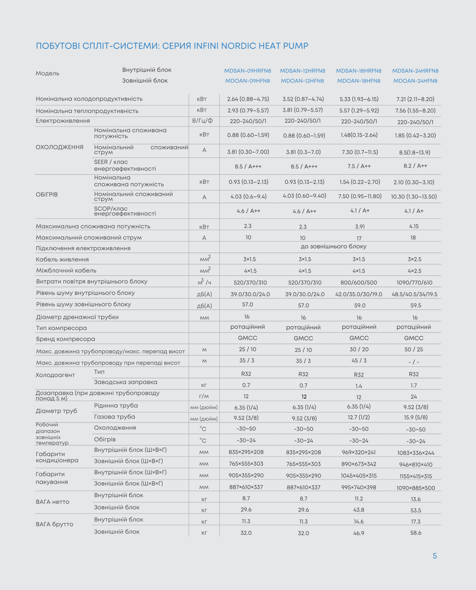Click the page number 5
click(434, 556)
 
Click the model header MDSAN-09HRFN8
click(247, 71)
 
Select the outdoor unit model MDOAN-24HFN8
click(415, 81)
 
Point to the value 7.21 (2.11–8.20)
click(415, 99)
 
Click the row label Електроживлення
click(63, 121)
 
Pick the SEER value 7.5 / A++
click(359, 166)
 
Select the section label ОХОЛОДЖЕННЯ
click(60, 147)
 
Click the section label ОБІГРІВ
click(47, 194)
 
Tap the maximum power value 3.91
click(360, 227)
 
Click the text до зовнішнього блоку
click(333, 247)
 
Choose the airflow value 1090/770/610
click(414, 282)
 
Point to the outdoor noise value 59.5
click(415, 305)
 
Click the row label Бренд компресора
click(65, 339)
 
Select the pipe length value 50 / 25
click(414, 350)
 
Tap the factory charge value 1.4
click(358, 386)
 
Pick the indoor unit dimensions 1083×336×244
click(416, 453)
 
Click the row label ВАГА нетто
click(53, 502)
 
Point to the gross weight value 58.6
click(416, 533)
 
